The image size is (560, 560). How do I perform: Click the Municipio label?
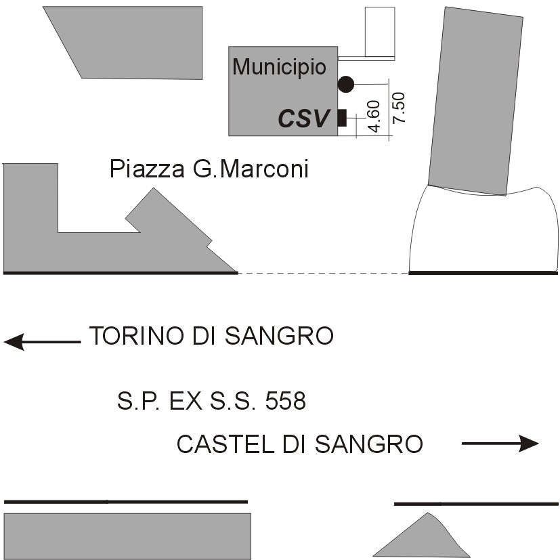coord(279,67)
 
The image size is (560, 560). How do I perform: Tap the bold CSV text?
coord(303,119)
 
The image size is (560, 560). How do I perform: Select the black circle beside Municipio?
coord(345,84)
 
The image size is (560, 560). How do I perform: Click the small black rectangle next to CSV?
coord(342,118)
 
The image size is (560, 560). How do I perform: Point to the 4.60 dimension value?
coord(373,117)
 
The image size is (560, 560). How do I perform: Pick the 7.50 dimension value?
coord(399,107)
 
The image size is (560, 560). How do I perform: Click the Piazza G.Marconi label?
coord(209,169)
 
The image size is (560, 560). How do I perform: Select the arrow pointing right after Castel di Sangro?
coord(500,444)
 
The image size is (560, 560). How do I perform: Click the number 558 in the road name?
coord(285,402)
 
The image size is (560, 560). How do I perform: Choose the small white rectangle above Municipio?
coord(380,31)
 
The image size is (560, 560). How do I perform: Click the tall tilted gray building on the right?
coord(475,102)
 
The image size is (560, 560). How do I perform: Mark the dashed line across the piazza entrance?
coord(324,273)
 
